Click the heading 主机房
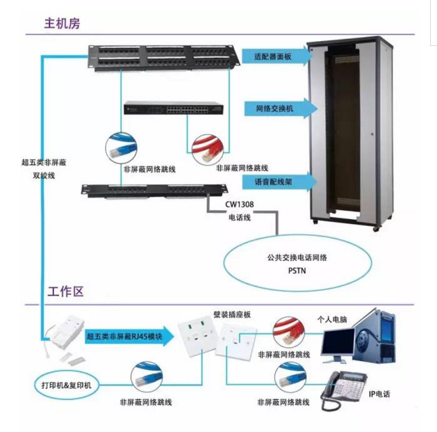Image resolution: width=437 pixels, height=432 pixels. click(62, 24)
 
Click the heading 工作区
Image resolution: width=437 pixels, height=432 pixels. click(66, 291)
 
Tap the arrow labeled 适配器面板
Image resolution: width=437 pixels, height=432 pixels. click(277, 56)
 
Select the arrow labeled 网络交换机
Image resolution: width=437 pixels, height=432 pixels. click(281, 109)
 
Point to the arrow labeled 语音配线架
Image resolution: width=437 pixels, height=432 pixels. click(280, 182)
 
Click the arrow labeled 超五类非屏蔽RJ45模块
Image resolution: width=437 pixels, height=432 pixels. click(130, 336)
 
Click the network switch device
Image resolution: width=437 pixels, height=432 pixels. click(174, 108)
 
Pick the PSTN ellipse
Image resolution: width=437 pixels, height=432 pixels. click(297, 263)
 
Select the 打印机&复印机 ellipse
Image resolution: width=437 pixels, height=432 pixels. click(66, 385)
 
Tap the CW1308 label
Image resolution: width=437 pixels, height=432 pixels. click(240, 205)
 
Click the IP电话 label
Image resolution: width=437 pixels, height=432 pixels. click(379, 394)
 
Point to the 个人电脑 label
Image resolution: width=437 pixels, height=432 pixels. click(332, 319)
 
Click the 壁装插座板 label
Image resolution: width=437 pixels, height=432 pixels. click(232, 315)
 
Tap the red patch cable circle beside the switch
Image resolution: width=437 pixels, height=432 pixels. click(208, 150)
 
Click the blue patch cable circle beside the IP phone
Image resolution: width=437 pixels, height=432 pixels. click(290, 378)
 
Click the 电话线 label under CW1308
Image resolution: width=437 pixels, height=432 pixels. click(240, 218)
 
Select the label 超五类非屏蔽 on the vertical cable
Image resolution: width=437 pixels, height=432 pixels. click(44, 162)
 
